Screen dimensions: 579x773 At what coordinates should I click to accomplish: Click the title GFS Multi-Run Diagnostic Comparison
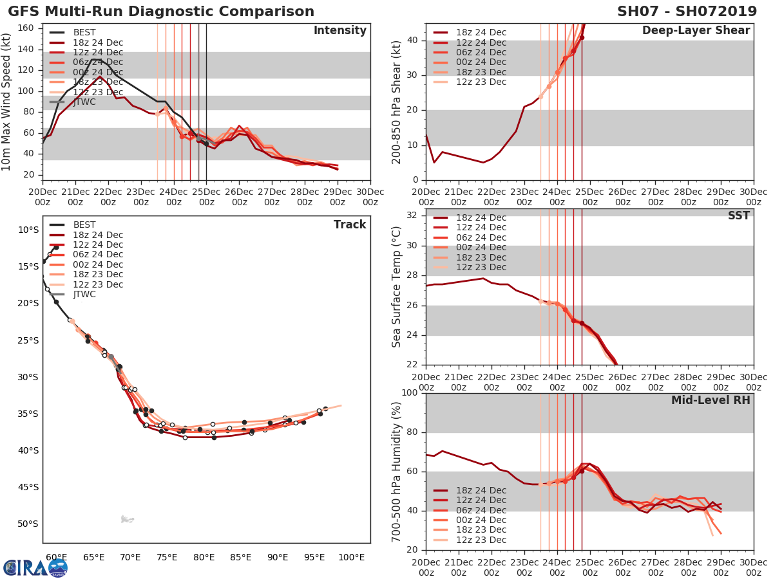tap(161, 12)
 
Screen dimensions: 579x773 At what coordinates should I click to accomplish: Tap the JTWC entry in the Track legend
tap(84, 294)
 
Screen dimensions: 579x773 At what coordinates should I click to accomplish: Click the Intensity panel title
tap(339, 31)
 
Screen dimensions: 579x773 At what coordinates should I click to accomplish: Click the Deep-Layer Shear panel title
tap(696, 31)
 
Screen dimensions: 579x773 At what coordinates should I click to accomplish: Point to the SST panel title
tap(738, 216)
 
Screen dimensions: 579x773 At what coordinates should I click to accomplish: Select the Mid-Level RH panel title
tap(711, 400)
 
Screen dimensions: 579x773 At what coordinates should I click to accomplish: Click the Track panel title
tap(350, 225)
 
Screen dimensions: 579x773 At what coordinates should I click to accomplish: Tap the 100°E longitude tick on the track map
tap(351, 557)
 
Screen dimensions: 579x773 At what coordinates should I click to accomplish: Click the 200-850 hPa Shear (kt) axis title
tap(396, 102)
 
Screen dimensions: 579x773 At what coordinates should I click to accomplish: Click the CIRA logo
tap(35, 567)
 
